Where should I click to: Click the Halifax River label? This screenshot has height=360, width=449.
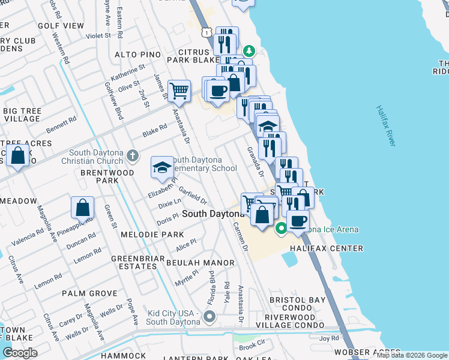tap(385, 126)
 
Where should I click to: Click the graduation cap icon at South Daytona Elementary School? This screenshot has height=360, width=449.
tap(162, 167)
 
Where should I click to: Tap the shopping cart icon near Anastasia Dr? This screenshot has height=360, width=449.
tap(179, 91)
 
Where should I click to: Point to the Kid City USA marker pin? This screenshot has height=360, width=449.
tap(209, 316)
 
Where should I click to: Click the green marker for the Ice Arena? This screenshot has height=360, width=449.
tap(280, 229)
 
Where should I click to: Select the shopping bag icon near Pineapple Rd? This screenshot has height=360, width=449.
tap(83, 208)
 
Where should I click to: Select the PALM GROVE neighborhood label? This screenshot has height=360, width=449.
tap(89, 294)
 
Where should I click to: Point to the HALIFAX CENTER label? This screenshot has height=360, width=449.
tap(327, 248)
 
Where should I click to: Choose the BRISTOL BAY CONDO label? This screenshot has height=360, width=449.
tap(297, 304)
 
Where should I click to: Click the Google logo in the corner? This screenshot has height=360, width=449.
tap(20, 352)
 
